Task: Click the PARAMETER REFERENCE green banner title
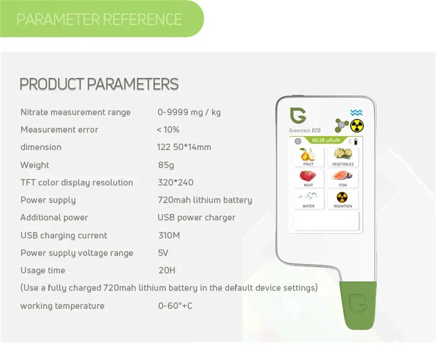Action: click(x=99, y=19)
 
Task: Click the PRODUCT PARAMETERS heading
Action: click(x=99, y=84)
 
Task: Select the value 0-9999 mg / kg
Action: click(x=189, y=112)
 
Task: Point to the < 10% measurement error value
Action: click(x=168, y=130)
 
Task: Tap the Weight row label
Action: click(x=35, y=165)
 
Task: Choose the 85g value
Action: click(x=166, y=165)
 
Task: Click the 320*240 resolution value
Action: click(x=175, y=183)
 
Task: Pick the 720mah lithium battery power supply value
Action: click(x=204, y=200)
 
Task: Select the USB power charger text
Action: click(x=196, y=218)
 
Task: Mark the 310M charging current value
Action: click(x=169, y=235)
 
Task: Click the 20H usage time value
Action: click(x=166, y=270)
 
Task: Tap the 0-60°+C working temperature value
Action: click(x=175, y=306)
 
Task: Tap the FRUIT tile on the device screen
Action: click(x=308, y=157)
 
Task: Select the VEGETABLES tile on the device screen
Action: click(x=342, y=157)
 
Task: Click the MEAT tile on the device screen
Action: click(x=308, y=178)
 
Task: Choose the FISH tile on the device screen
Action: click(x=342, y=178)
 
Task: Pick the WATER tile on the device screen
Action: click(x=308, y=200)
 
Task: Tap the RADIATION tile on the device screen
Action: click(x=342, y=200)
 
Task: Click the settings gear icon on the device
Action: click(x=298, y=141)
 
